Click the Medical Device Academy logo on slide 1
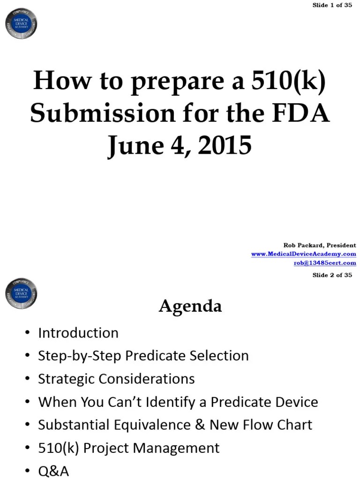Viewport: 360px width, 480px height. (x=21, y=23)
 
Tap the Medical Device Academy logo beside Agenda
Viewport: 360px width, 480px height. (x=21, y=293)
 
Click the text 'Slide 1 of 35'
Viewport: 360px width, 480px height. (x=332, y=5)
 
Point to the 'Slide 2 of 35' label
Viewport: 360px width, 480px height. (x=332, y=275)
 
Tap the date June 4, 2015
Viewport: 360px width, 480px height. (x=180, y=146)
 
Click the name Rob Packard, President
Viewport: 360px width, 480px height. (x=320, y=245)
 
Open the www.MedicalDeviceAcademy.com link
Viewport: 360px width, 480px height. (x=303, y=254)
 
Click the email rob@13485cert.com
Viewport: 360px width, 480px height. (x=325, y=263)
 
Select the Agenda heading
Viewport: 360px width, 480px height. (x=190, y=306)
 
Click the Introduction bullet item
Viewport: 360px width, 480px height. (x=78, y=333)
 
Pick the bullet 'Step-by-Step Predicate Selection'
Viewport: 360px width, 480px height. (x=143, y=356)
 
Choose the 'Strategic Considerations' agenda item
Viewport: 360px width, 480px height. (x=116, y=379)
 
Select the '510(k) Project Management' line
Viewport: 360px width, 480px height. (x=128, y=448)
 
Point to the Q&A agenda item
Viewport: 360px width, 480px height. (x=53, y=471)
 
